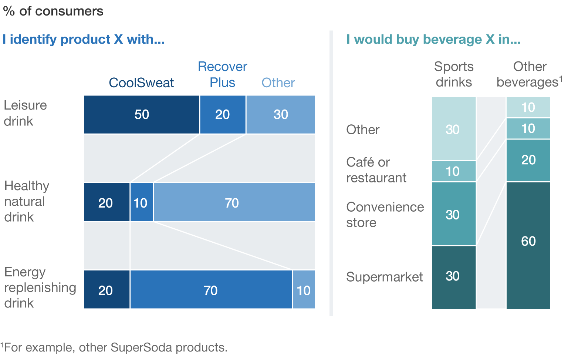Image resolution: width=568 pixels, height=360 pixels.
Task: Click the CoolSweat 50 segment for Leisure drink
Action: point(142,115)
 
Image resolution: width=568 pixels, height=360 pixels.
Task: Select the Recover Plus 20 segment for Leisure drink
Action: point(223,115)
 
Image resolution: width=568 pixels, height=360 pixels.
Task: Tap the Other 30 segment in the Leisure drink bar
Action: point(281,115)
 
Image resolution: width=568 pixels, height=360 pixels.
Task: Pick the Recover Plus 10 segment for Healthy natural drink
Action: point(141,202)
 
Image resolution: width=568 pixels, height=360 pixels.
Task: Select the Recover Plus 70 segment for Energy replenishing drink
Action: point(211,290)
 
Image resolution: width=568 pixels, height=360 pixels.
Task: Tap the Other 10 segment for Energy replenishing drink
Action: point(304,290)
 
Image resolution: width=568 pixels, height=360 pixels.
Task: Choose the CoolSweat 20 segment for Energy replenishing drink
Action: point(106,290)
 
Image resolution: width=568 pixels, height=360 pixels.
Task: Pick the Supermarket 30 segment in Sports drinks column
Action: point(454,277)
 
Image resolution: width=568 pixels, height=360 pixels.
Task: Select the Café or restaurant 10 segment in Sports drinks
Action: point(454,171)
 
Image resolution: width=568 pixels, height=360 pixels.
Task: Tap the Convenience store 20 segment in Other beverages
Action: point(528,160)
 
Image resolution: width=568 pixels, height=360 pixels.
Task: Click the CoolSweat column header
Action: point(141,83)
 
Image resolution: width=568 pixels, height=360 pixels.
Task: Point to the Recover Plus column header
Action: point(223,74)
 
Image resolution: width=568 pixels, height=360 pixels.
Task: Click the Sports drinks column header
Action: point(454,74)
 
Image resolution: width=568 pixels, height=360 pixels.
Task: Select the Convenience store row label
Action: point(385,215)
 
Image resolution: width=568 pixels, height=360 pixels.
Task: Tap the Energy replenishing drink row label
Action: point(40,287)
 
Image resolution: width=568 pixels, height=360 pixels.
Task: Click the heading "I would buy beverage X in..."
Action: point(433,39)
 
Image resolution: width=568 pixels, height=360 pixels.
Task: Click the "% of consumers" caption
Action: point(53,11)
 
